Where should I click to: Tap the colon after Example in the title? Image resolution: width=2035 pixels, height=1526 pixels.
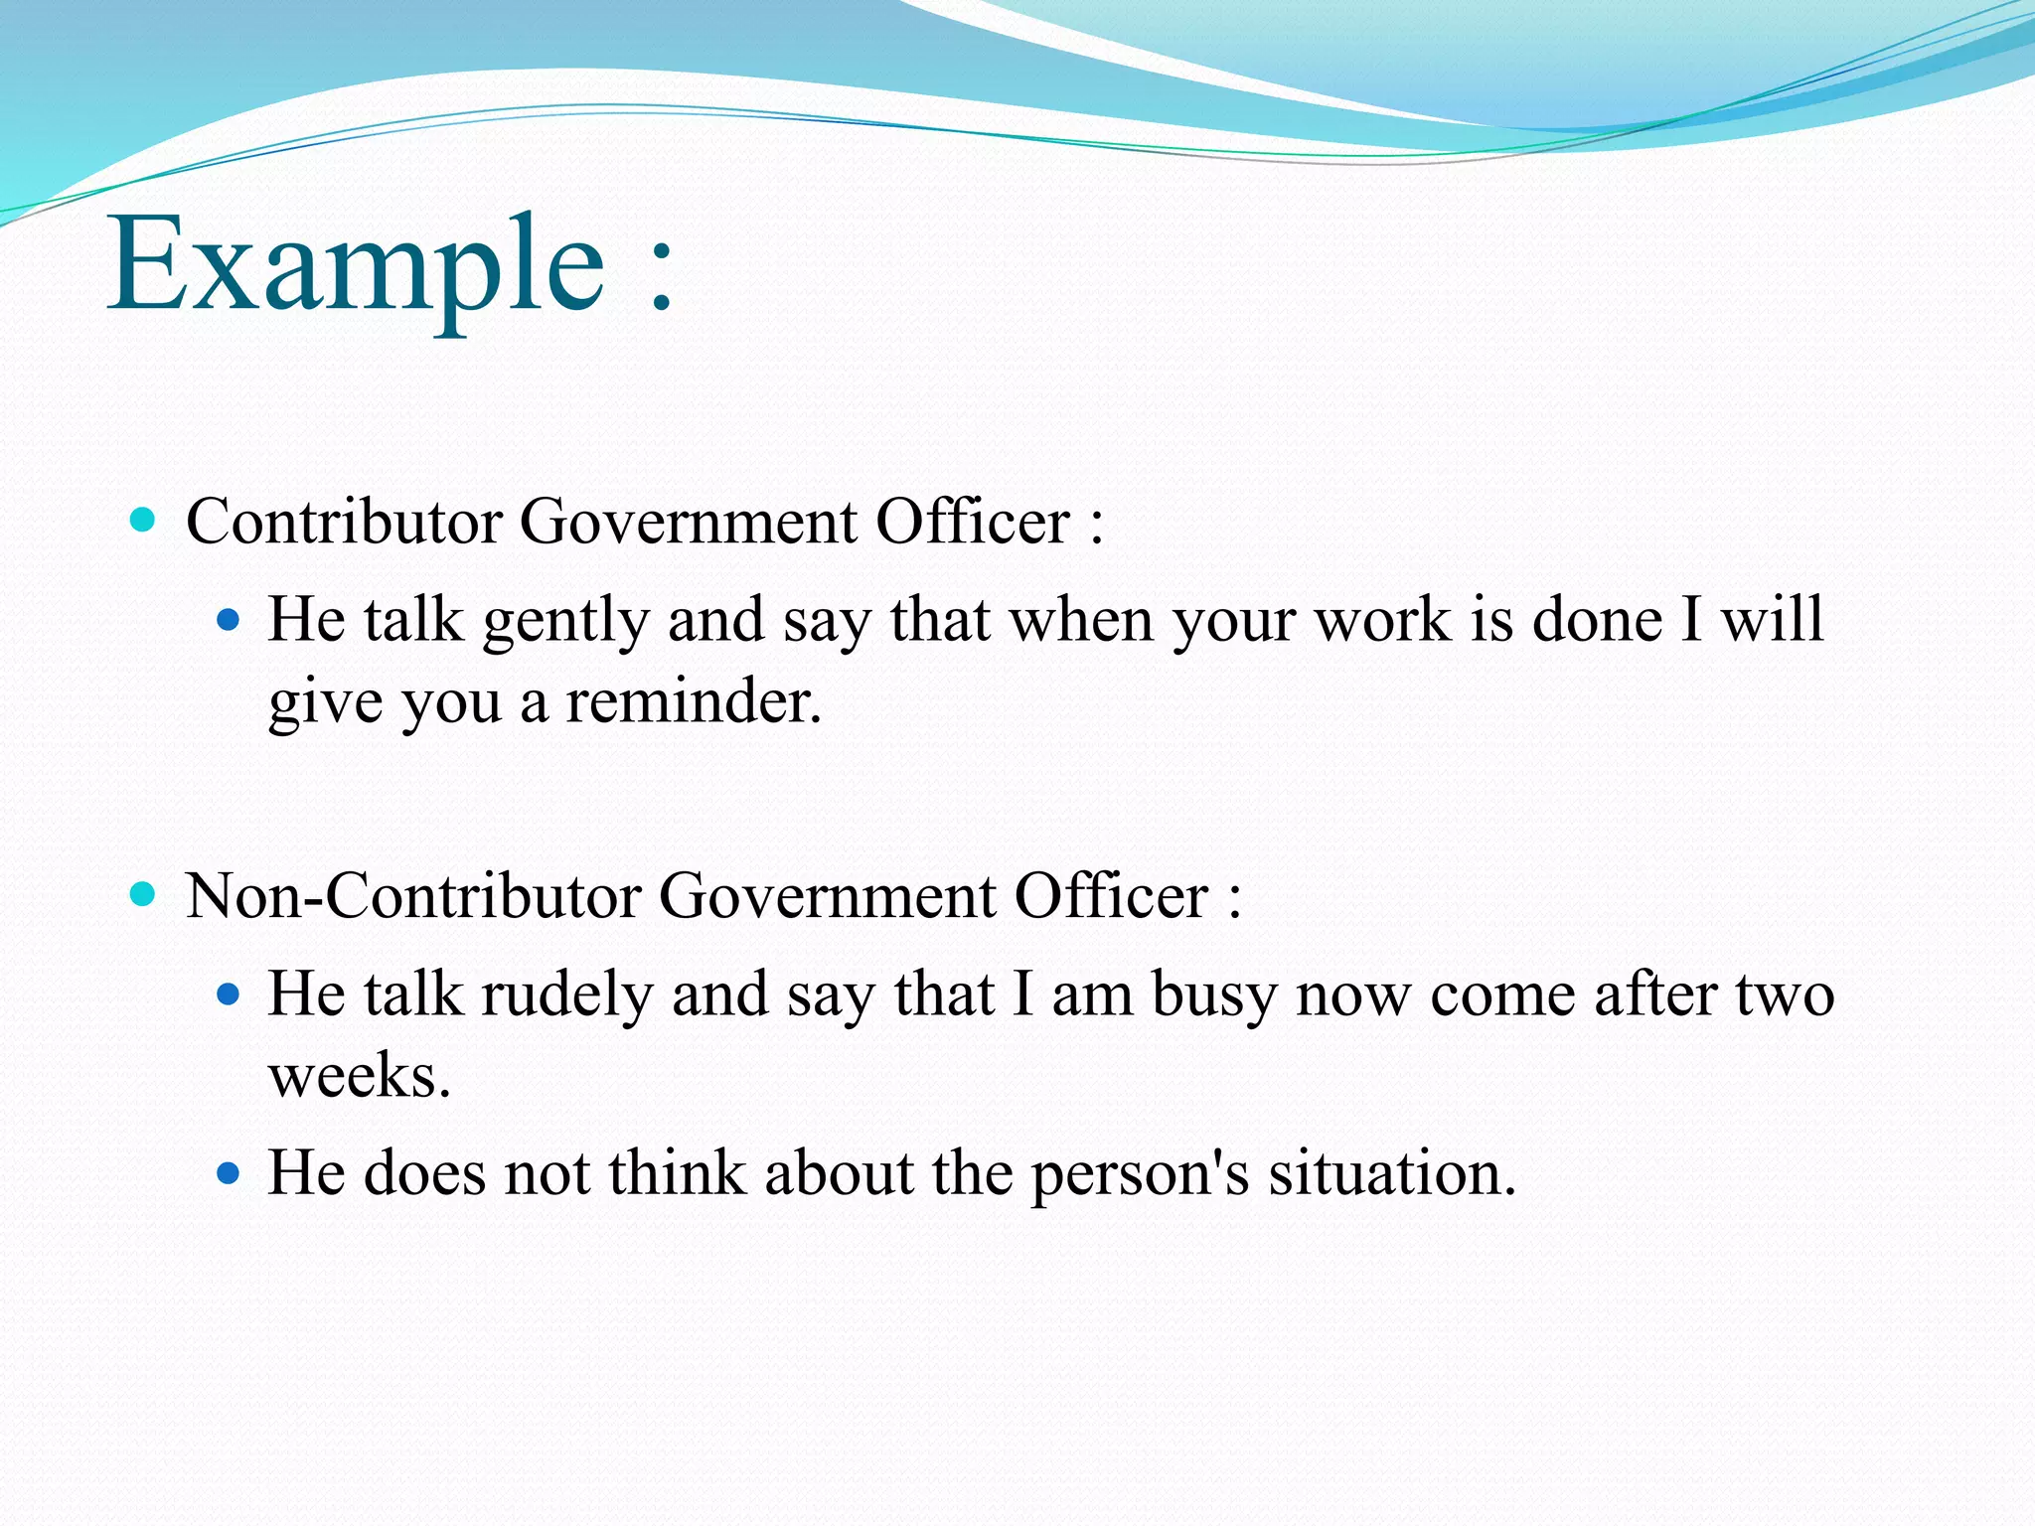tap(661, 278)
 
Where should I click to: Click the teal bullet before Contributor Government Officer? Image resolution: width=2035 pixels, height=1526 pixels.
tap(144, 519)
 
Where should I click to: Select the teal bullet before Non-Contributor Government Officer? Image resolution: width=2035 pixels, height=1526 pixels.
tap(144, 893)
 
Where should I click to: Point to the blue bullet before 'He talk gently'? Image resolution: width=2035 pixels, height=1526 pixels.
tap(229, 621)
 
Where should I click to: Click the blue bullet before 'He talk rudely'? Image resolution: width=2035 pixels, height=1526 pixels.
tap(229, 993)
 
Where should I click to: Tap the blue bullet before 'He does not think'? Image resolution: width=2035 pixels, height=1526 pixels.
tap(229, 1173)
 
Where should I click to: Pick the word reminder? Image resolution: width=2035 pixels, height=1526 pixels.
tap(693, 701)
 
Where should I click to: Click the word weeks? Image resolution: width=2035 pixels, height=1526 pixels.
tap(359, 1076)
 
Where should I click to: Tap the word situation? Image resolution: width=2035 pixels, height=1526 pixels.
tap(1391, 1173)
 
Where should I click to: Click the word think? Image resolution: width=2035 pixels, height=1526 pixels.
tap(677, 1173)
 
